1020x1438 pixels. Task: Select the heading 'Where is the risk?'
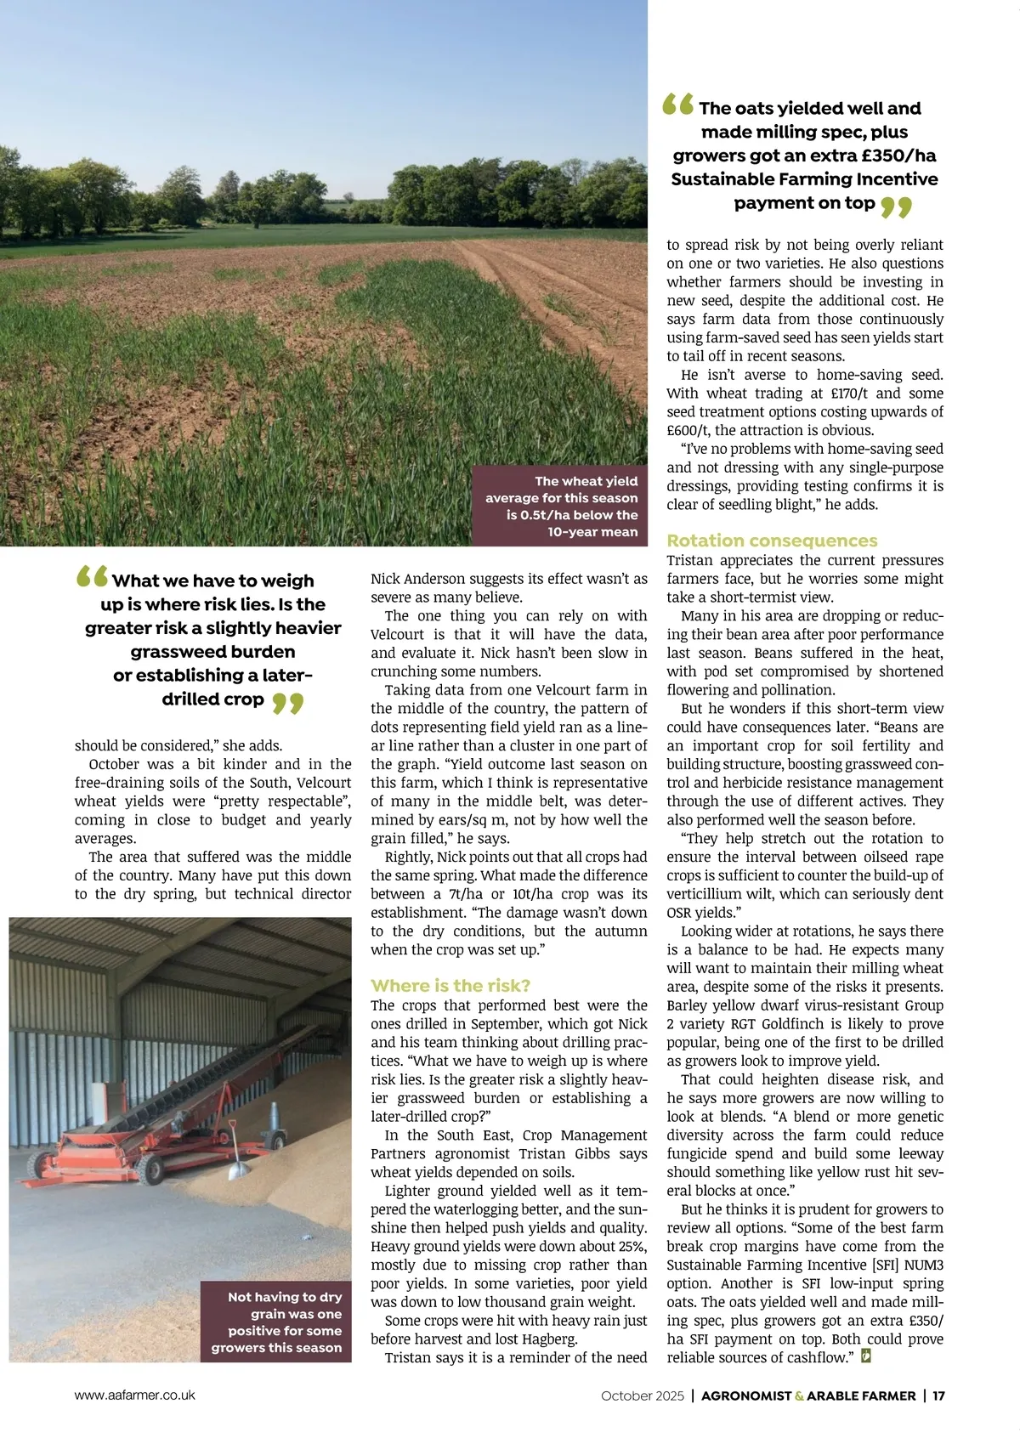point(450,986)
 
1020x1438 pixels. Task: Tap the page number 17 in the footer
point(938,1396)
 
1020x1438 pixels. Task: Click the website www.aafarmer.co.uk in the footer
point(135,1395)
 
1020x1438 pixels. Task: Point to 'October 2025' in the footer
point(642,1396)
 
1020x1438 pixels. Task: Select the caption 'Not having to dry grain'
point(277,1322)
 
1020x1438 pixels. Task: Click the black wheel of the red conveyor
point(154,1169)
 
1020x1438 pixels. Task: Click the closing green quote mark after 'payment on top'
point(896,207)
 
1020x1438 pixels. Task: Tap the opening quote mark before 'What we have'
point(92,577)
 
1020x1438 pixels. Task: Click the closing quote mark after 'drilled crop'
point(288,703)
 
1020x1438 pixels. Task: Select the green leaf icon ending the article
point(866,1356)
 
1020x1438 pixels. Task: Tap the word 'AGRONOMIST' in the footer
point(745,1396)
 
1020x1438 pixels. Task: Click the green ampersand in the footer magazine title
point(799,1396)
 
